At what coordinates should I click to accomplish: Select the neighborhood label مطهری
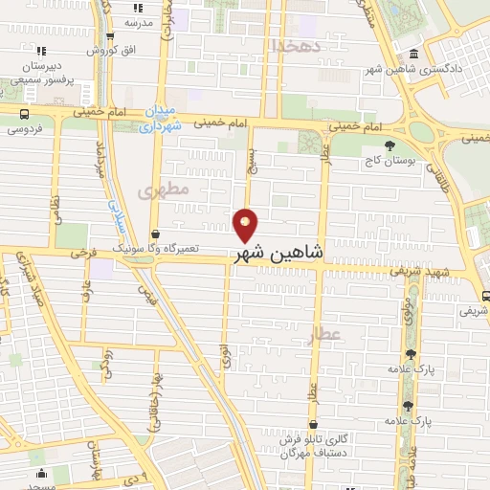tap(164, 189)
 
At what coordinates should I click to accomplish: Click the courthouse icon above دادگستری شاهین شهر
tap(412, 53)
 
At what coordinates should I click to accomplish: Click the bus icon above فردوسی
tap(26, 113)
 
